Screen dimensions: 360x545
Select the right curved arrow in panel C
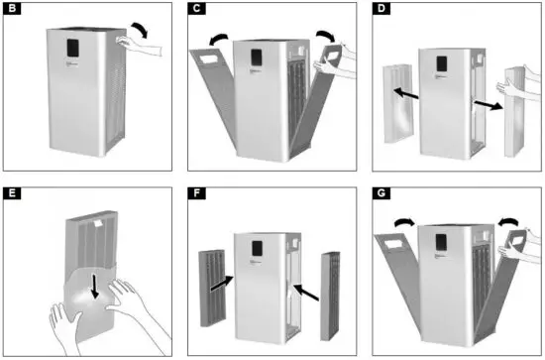(x=325, y=35)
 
